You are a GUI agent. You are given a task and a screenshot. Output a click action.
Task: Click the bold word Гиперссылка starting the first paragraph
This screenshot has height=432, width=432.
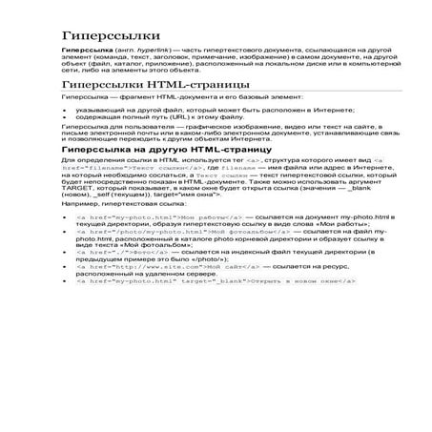tap(84, 49)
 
